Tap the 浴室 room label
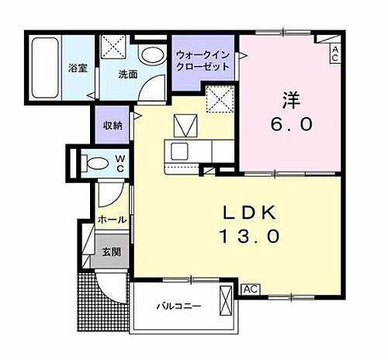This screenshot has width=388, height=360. pos(79,67)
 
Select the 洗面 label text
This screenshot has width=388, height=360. pos(128,75)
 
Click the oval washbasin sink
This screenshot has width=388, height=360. pos(153,55)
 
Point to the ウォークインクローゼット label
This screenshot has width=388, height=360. pos(203,61)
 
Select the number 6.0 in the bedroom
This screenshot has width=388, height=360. pos(290,124)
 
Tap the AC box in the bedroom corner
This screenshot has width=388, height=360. pos(334,53)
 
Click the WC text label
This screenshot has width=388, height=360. pos(121,163)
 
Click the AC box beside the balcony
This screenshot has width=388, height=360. pos(250,289)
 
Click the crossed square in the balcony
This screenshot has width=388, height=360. pos(226,300)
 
